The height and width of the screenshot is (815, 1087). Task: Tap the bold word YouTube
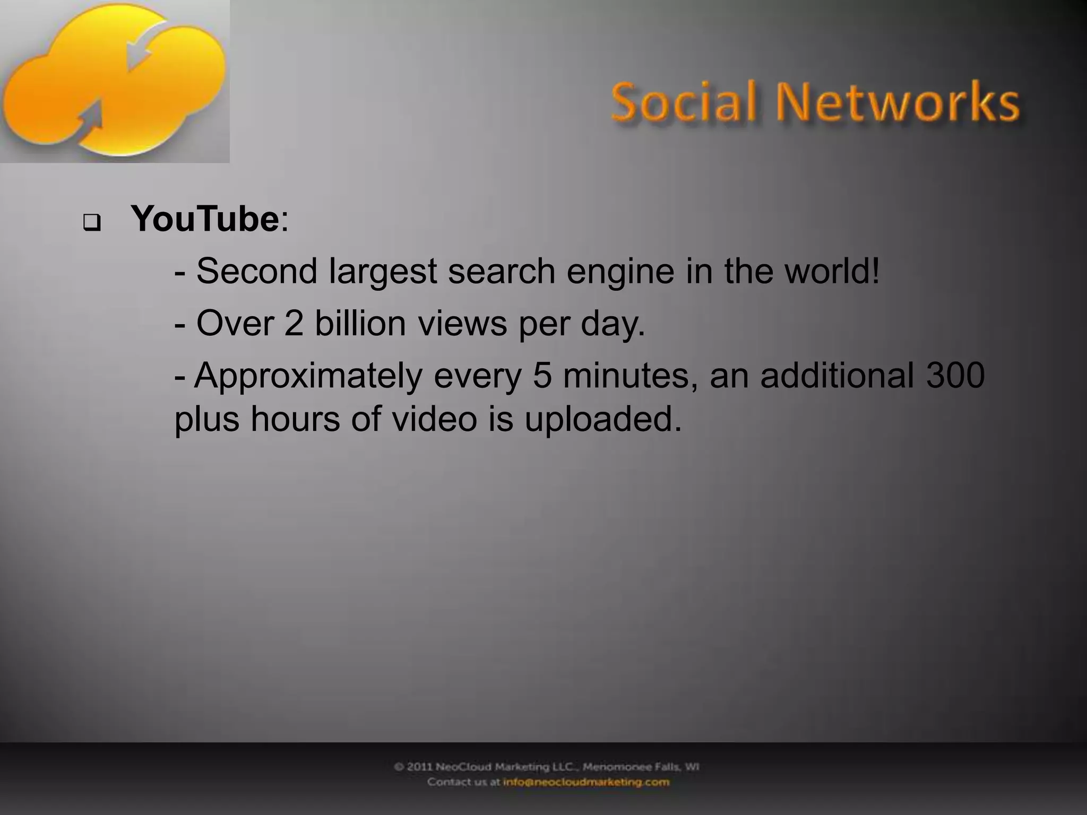pos(205,219)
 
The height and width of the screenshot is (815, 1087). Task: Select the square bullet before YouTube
pos(91,223)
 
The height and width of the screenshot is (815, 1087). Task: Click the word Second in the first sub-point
pos(257,271)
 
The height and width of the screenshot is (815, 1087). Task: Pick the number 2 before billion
pos(294,323)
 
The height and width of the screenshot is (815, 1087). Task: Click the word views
pos(462,323)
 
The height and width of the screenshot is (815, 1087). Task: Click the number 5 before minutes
pos(542,375)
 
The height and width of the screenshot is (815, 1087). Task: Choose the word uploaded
pos(602,419)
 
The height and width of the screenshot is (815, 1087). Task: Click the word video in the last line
pos(435,419)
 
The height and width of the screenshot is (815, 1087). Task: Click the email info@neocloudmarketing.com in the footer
pos(586,782)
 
